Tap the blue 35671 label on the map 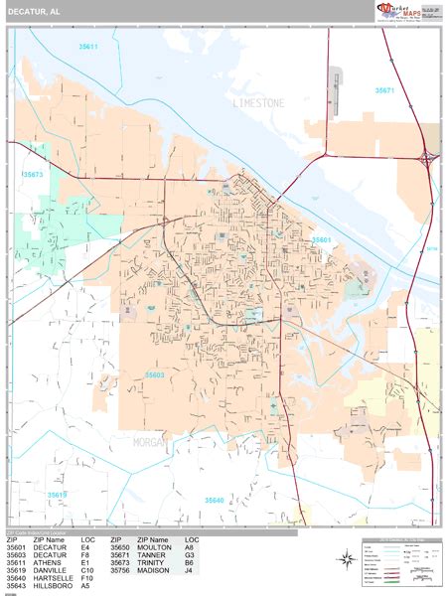click(384, 90)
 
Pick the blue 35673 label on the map click(34, 175)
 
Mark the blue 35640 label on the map click(215, 500)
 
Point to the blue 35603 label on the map click(154, 374)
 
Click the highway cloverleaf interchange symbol click(427, 157)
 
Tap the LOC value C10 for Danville click(87, 570)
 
